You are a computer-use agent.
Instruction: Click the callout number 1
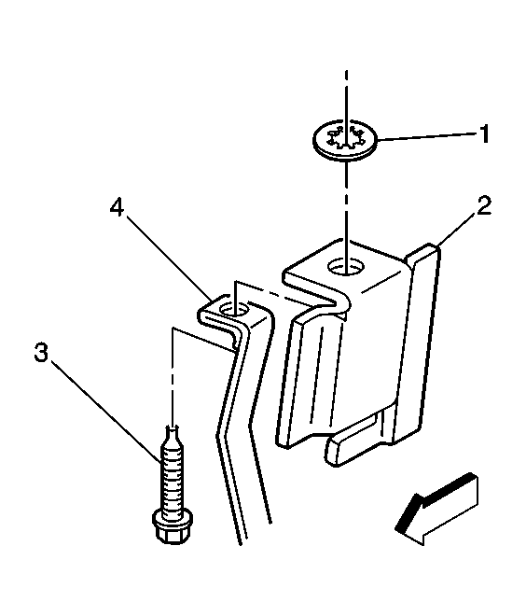tap(485, 133)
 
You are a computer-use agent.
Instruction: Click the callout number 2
tap(484, 205)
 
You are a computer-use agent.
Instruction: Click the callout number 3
tap(41, 353)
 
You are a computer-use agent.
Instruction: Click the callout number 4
tap(117, 206)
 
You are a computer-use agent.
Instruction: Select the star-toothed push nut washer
tap(345, 140)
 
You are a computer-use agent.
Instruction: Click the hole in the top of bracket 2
tap(346, 267)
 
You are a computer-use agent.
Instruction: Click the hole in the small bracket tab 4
tap(234, 311)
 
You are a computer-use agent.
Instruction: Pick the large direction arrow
tap(437, 510)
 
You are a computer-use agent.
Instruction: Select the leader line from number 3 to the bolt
tap(106, 413)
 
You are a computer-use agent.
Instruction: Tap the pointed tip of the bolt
tap(173, 429)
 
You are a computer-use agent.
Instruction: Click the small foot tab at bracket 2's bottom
tap(353, 447)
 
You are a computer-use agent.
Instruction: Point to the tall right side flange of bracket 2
tap(415, 342)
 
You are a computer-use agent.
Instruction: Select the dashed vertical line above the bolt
tap(173, 377)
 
